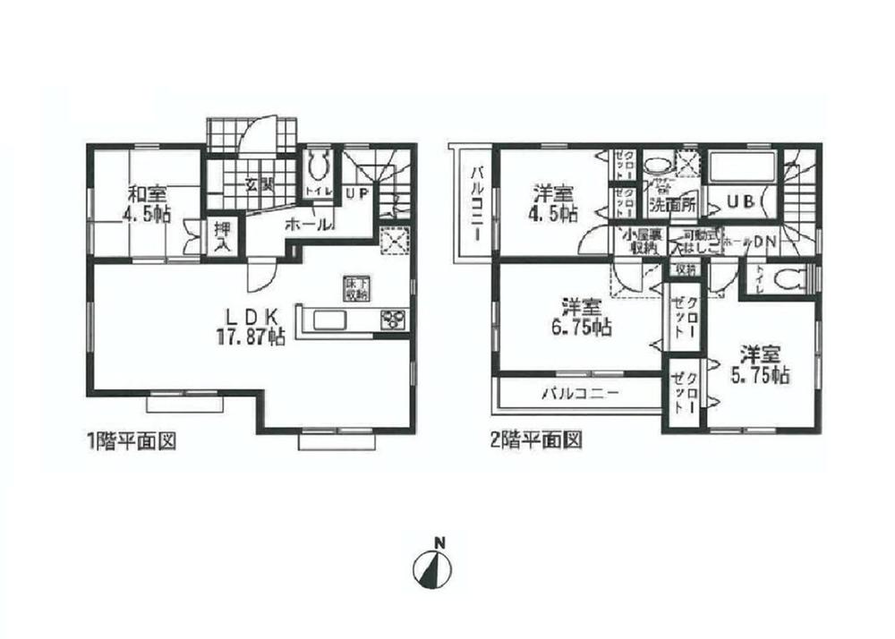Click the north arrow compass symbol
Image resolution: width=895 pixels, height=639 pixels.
click(x=433, y=567)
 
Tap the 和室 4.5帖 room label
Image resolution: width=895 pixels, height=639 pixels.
click(x=145, y=202)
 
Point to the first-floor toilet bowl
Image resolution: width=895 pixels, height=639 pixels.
click(x=319, y=166)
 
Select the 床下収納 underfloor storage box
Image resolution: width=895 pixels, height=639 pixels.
click(x=354, y=288)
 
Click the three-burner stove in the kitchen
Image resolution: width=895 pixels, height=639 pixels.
click(x=393, y=319)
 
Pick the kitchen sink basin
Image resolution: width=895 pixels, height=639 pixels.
click(x=327, y=319)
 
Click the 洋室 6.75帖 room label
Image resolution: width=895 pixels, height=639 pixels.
click(x=575, y=317)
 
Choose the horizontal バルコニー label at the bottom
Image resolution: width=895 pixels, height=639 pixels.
click(x=575, y=393)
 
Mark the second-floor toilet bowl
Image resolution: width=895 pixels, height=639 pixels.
click(x=785, y=280)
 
